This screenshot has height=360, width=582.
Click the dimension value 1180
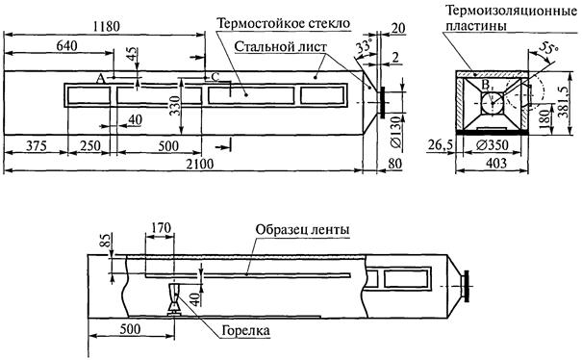point(107,27)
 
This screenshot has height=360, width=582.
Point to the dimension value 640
point(66,45)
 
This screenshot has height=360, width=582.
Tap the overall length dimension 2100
point(200,164)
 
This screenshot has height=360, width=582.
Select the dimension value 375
point(37,145)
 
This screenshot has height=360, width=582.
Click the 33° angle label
point(364,47)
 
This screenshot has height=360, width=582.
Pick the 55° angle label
point(549,48)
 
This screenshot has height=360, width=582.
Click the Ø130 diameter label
point(396,133)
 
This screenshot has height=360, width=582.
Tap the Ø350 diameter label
point(493,145)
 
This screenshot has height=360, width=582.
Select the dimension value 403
point(496,163)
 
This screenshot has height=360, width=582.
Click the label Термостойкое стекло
point(284,23)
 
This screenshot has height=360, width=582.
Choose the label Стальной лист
point(281,47)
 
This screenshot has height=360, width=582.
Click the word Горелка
point(245,331)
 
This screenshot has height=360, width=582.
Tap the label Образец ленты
point(302,229)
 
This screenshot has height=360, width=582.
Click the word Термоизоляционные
point(511,11)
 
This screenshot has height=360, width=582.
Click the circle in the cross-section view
point(493,103)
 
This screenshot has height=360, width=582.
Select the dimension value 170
point(160,227)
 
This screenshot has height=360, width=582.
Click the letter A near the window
point(100,79)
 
